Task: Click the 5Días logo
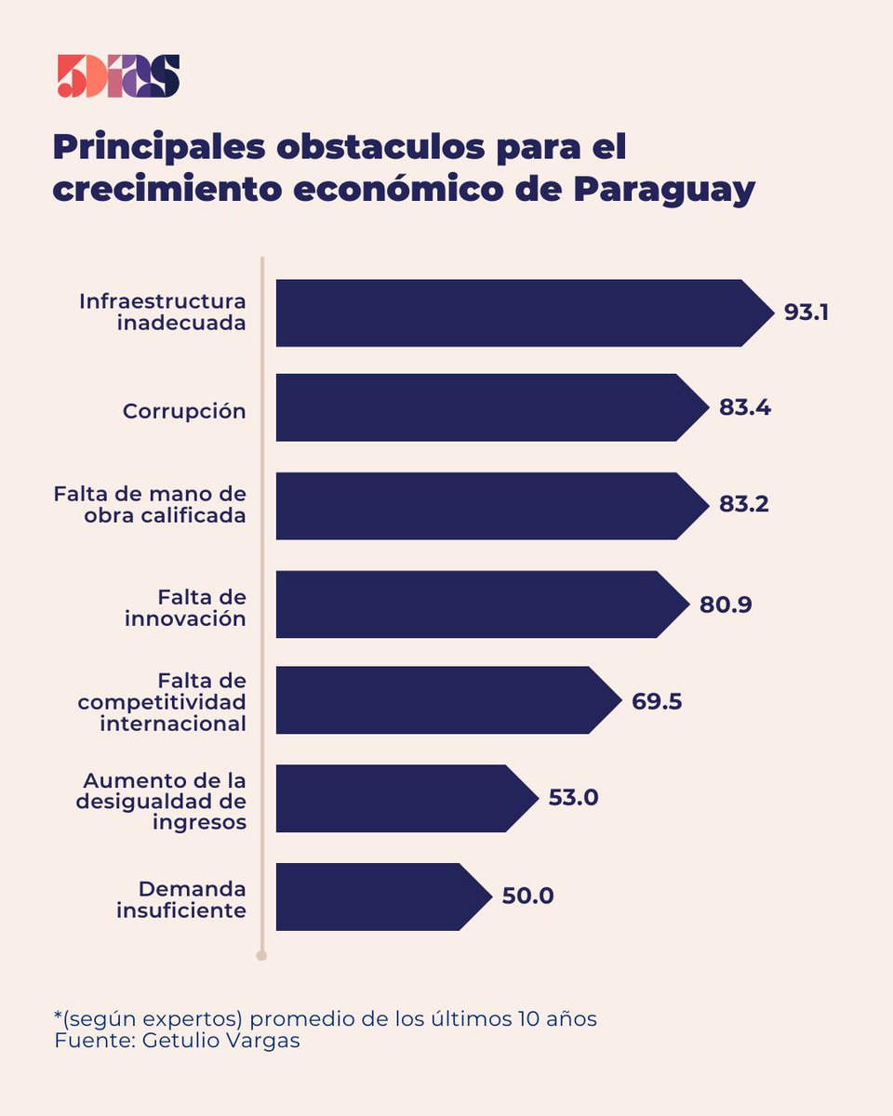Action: pyautogui.click(x=118, y=76)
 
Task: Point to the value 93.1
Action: pyautogui.click(x=806, y=312)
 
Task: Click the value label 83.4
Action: pyautogui.click(x=744, y=407)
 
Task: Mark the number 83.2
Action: pyautogui.click(x=743, y=505)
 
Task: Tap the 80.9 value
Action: pyautogui.click(x=726, y=604)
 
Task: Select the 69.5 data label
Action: pyautogui.click(x=657, y=701)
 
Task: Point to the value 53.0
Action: pyautogui.click(x=572, y=798)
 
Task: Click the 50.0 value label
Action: pyautogui.click(x=527, y=897)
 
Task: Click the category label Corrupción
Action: pyautogui.click(x=184, y=411)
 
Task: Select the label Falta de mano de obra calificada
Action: pyautogui.click(x=150, y=504)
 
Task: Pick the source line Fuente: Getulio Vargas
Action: pyautogui.click(x=177, y=1041)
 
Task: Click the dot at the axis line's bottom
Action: pyautogui.click(x=261, y=955)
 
